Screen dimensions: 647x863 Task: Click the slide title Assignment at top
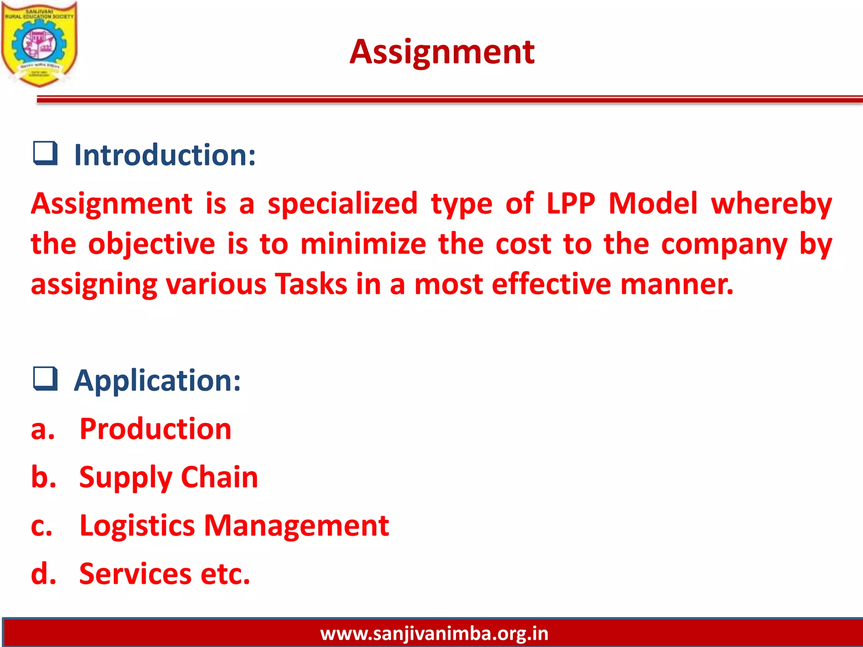[442, 52]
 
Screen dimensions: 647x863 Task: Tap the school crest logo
[39, 44]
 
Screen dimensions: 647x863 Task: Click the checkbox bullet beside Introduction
[45, 153]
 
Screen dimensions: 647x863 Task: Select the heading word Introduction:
[165, 155]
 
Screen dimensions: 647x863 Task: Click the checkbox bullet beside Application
[45, 379]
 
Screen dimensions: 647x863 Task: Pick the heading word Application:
[157, 380]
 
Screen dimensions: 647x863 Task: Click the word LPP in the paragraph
[571, 203]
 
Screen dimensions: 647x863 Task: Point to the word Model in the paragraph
[653, 203]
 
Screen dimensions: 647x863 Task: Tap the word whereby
[771, 204]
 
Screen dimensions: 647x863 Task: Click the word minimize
[363, 244]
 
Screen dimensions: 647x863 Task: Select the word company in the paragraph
[724, 245]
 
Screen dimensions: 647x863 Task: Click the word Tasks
[311, 284]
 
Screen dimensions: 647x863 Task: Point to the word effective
[551, 284]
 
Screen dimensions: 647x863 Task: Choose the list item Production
[155, 429]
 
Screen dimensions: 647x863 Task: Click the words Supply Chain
[169, 478]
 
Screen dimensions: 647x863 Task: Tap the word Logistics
[137, 526]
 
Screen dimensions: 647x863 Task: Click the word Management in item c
[296, 526]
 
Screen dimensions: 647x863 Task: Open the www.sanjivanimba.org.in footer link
[434, 634]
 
